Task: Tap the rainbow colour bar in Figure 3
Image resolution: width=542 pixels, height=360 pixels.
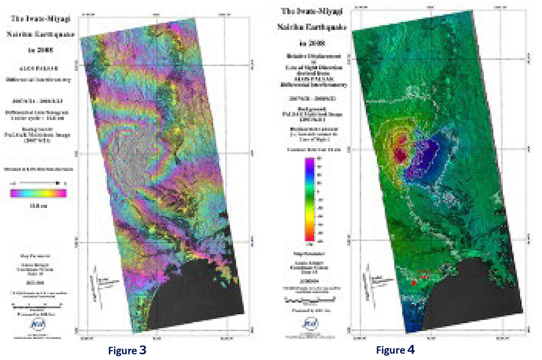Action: tap(38, 191)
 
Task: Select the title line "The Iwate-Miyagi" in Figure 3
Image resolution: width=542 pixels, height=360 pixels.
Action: tap(37, 20)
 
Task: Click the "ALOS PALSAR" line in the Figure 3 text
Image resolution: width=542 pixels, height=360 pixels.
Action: tap(37, 69)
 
